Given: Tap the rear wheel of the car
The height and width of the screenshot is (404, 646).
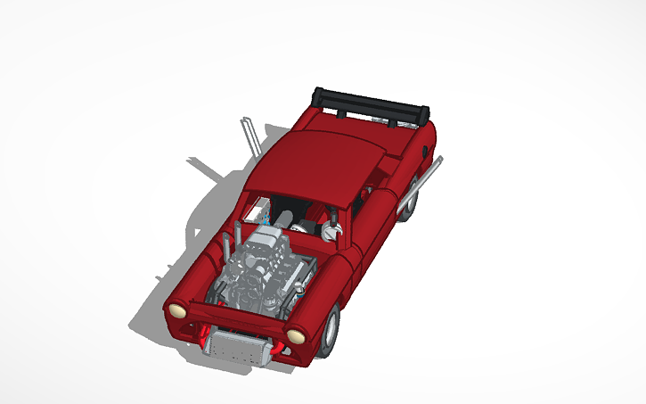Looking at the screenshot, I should (408, 206).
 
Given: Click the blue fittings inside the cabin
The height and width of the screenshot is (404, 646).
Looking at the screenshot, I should (265, 217).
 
